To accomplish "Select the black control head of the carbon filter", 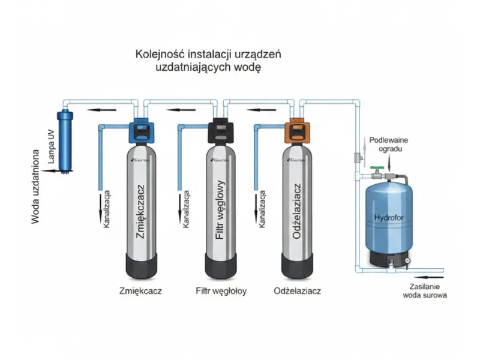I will click(x=219, y=131).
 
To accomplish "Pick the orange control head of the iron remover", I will click(x=296, y=131).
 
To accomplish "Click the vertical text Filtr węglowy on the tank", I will click(x=220, y=210).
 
